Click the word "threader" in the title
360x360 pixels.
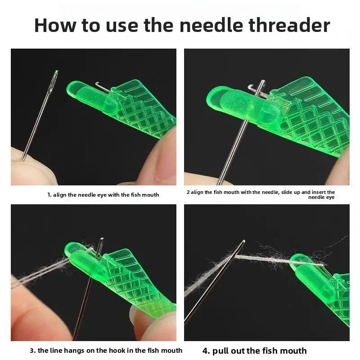point(289,25)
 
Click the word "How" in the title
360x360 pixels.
point(55,25)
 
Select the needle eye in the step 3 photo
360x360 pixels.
point(101,246)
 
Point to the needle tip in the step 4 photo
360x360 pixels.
point(243,241)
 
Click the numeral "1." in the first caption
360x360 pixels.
point(49,195)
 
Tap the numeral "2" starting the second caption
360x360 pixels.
point(188,192)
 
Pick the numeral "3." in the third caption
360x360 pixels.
point(33,351)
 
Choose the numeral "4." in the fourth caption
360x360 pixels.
point(207,351)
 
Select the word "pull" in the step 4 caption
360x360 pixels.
point(220,351)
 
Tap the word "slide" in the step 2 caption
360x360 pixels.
point(287,192)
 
